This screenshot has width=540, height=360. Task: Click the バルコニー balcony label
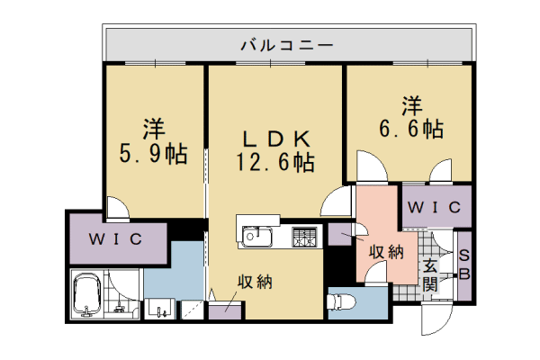coord(287,43)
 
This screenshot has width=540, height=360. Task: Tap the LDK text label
coord(274,139)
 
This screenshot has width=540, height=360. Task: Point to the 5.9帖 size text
coord(154,154)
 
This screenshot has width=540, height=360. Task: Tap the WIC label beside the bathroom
coord(115,239)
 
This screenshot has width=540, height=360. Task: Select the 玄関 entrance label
coord(431,274)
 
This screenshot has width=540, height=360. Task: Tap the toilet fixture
coord(346,301)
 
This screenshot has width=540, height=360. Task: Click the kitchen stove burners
coord(304,238)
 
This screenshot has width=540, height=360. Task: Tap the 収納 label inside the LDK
coord(254,282)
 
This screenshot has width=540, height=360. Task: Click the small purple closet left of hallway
coord(340,235)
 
